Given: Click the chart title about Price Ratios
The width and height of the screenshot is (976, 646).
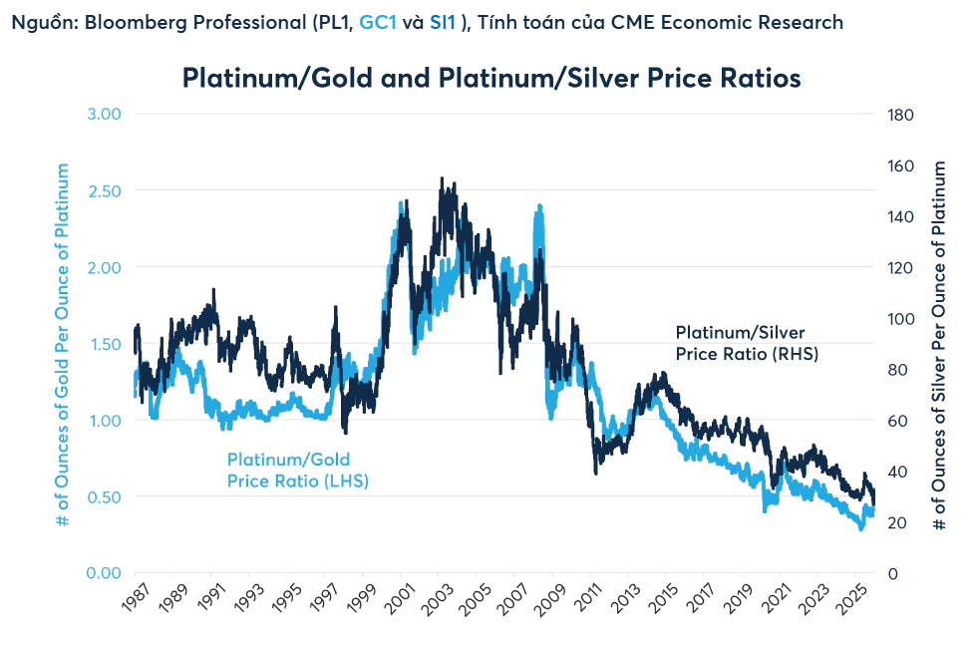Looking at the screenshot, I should pos(491,78).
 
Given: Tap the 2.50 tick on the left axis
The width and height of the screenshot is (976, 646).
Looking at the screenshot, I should pos(100,190).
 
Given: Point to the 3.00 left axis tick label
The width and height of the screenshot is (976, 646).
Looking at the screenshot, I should pos(100,114).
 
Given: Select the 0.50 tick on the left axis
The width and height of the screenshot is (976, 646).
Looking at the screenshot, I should pos(100,496).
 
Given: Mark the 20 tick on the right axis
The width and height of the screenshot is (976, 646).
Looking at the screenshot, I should pos(897,522).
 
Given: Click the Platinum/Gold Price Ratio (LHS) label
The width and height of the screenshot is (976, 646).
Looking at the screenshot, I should pos(288,471).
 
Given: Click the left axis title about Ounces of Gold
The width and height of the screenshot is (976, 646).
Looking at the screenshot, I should pos(62,343).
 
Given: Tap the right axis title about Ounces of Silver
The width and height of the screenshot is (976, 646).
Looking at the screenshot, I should pos(939,343).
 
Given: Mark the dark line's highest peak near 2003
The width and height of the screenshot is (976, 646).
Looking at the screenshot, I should pos(442,180).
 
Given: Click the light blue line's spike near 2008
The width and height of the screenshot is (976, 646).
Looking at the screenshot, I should pos(539,207).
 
